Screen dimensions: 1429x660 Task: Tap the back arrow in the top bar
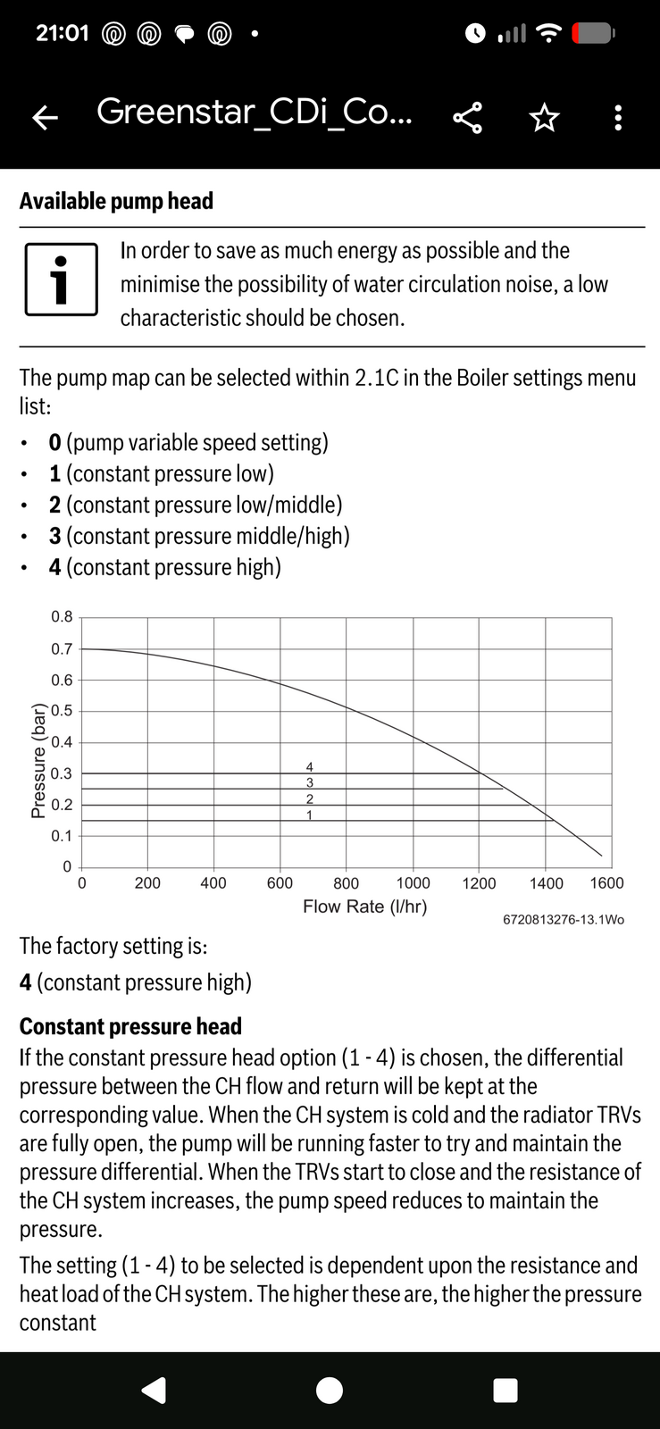point(46,117)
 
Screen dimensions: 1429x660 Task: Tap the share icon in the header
point(467,117)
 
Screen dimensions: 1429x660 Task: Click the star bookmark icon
point(544,117)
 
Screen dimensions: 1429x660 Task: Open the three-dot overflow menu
point(618,117)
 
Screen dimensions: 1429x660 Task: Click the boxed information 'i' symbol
point(61,280)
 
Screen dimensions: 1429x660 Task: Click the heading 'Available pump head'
point(116,201)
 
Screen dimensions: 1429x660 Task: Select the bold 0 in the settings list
point(55,443)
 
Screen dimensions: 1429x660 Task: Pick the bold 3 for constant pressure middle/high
point(55,536)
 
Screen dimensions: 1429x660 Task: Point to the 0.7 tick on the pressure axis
point(62,649)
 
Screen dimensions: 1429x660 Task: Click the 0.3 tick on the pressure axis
point(62,773)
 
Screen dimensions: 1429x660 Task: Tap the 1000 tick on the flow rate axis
point(413,883)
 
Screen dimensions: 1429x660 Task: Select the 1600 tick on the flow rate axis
point(606,883)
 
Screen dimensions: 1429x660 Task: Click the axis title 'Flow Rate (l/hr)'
point(364,907)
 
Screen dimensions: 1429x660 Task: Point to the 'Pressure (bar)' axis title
point(38,760)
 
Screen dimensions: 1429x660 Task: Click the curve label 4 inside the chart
point(310,767)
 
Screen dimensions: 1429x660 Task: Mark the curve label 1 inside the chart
point(310,815)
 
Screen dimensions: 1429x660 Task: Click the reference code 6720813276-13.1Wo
point(564,919)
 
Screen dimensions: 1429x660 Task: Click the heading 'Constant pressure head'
point(130,1026)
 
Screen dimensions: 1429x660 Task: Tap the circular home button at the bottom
point(330,1391)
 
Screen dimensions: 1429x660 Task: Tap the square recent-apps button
point(505,1391)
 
